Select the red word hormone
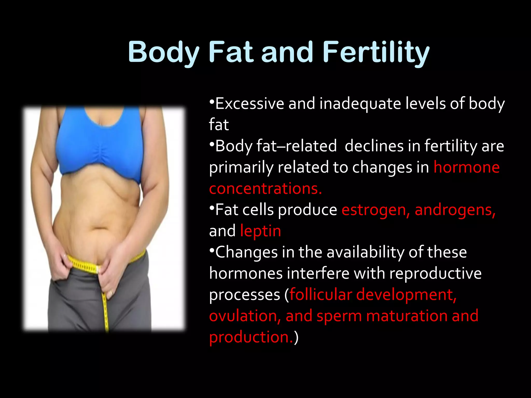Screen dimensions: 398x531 point(466,167)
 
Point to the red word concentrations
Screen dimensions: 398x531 point(265,188)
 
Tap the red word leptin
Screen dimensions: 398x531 point(260,231)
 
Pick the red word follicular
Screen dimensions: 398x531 point(321,295)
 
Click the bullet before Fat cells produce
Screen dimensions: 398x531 point(212,207)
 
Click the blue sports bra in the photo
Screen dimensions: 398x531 point(100,145)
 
